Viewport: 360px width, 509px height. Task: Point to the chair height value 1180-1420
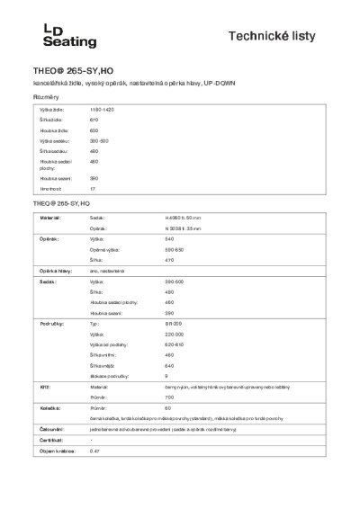click(103, 108)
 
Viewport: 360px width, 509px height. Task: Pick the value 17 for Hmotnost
click(93, 190)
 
